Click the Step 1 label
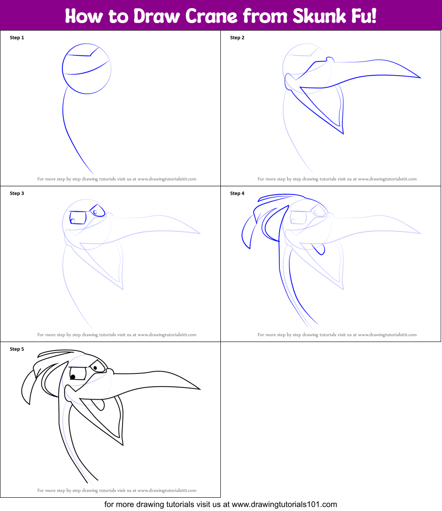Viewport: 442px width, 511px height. [x=17, y=38]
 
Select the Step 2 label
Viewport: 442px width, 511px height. [x=237, y=38]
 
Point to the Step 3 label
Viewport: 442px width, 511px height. [x=17, y=193]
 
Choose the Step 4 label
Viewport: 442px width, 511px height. [x=237, y=193]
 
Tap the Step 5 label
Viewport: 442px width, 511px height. [x=17, y=349]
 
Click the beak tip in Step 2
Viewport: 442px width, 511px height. [x=420, y=78]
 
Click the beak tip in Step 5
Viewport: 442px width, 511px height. [x=200, y=389]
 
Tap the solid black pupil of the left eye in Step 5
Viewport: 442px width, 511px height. [x=73, y=377]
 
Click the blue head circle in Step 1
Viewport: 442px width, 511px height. [x=87, y=69]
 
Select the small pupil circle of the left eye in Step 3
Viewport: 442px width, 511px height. [x=73, y=221]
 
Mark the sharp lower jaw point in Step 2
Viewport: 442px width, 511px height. [x=343, y=133]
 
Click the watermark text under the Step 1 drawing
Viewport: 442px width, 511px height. [x=117, y=179]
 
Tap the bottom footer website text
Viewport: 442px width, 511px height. [x=221, y=504]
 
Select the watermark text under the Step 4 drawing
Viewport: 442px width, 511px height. [x=337, y=335]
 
